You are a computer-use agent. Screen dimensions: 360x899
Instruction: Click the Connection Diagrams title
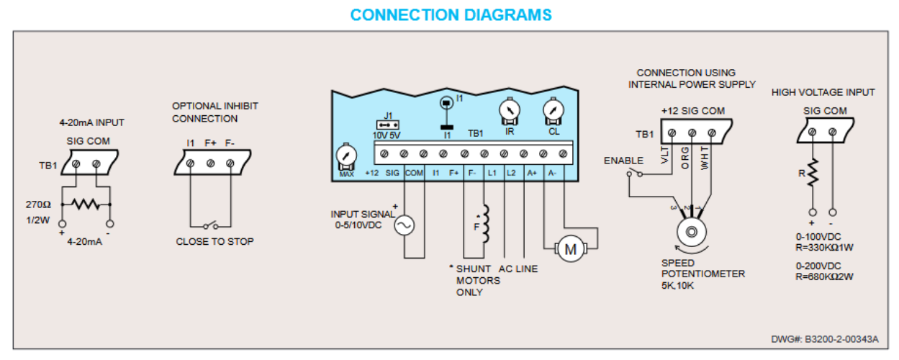click(451, 14)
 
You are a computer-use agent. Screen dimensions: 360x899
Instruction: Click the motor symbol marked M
click(571, 249)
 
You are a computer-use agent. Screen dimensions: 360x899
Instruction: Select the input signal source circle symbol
click(404, 225)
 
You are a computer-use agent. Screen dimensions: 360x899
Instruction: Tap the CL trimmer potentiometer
click(554, 111)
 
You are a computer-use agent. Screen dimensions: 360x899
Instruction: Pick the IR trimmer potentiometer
click(510, 111)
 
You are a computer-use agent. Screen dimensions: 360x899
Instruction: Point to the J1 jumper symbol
click(388, 124)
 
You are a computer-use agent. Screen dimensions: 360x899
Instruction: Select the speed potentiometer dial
click(691, 233)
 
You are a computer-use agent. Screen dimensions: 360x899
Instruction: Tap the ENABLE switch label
click(623, 161)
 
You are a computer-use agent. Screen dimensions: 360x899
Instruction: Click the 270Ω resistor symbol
click(86, 204)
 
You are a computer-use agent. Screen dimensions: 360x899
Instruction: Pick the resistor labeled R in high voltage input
click(813, 173)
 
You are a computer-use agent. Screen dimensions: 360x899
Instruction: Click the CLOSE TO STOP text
click(214, 242)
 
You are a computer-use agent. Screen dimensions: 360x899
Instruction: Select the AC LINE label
click(518, 269)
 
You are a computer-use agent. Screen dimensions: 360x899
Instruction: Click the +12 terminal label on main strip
click(371, 173)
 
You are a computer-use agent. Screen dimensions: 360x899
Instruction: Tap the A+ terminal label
click(531, 173)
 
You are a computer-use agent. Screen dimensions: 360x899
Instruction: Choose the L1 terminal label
click(492, 173)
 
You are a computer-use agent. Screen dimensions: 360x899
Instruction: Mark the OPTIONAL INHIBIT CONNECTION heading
click(214, 112)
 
